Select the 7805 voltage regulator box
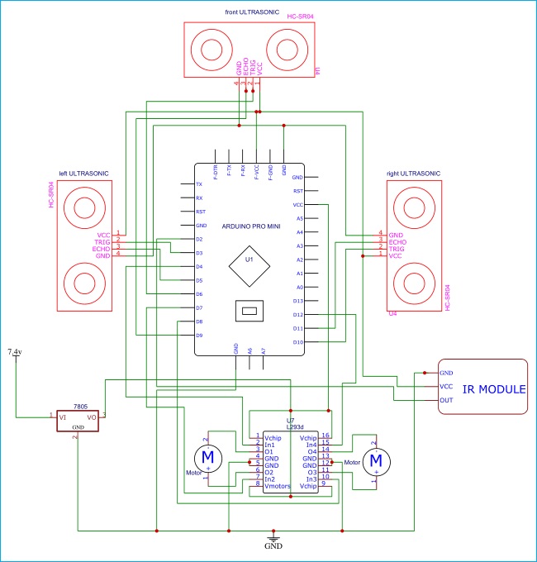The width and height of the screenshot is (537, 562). click(x=76, y=419)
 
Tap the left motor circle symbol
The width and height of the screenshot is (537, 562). click(x=207, y=457)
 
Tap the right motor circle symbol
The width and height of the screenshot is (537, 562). click(x=377, y=459)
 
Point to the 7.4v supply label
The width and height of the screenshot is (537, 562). click(x=15, y=352)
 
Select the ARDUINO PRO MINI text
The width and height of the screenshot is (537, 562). click(x=251, y=226)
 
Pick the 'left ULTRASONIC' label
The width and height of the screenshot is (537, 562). click(x=83, y=174)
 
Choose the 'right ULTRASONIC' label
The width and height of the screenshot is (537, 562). click(x=414, y=174)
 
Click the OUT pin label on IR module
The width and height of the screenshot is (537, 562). click(x=446, y=401)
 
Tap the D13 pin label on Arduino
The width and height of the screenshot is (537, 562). click(x=298, y=301)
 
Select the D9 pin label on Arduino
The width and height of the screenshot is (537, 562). click(x=199, y=335)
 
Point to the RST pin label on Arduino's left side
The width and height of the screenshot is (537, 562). click(x=200, y=212)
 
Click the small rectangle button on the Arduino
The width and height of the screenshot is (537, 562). click(x=249, y=312)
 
